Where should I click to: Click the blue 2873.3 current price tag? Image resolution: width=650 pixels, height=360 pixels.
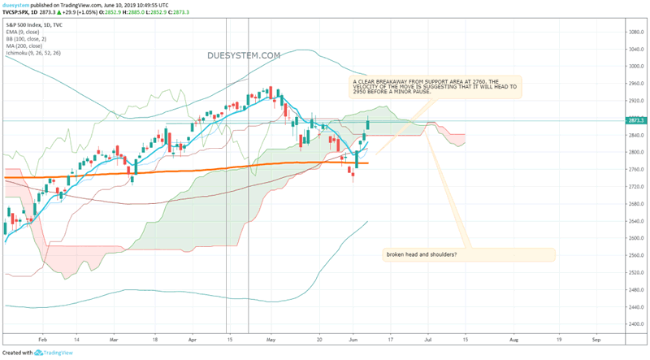pyautogui.click(x=636, y=121)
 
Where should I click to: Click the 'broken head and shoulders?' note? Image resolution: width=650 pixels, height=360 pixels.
pyautogui.click(x=421, y=255)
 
